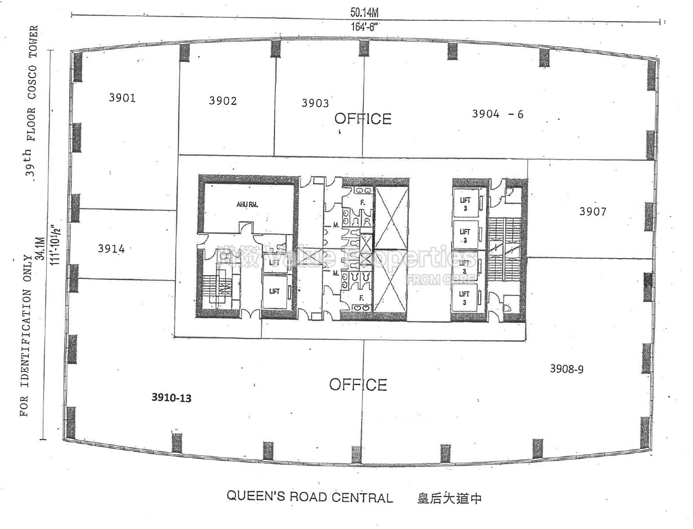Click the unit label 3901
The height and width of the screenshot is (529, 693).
122,98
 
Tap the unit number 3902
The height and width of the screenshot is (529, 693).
223,101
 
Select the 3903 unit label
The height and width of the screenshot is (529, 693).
315,104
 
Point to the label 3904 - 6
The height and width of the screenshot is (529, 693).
497,114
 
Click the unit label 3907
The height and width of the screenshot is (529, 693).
593,212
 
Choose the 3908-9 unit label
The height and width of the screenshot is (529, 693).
567,369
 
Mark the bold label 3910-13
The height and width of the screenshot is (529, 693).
171,398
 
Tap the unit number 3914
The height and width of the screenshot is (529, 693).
111,249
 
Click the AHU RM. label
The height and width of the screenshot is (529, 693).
247,205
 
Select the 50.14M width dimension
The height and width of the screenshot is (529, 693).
364,13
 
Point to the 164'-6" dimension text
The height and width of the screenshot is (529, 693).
364,27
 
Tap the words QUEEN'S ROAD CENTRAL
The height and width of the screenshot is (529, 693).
309,497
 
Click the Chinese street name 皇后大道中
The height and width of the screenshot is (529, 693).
449,498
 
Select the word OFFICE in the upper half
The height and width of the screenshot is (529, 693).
363,119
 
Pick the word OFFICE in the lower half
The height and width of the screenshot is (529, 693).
358,385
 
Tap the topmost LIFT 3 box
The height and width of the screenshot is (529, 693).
466,204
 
